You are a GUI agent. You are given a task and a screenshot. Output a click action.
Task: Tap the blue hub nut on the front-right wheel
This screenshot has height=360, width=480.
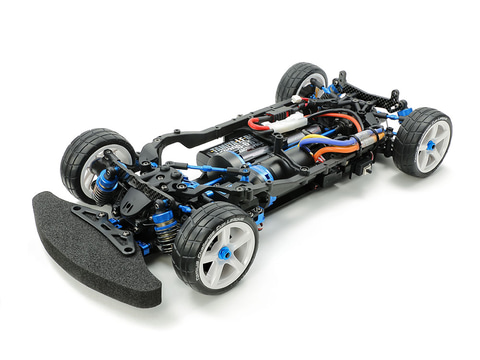point(226,253)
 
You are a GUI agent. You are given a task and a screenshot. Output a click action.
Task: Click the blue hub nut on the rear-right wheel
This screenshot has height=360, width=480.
point(431,145)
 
